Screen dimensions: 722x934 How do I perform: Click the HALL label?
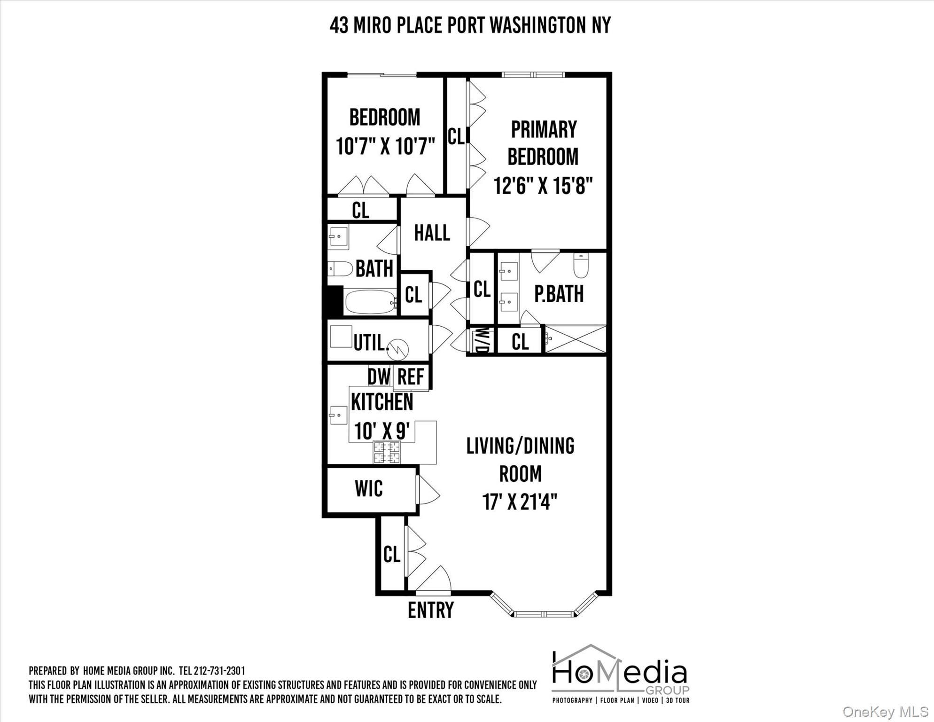tap(432, 233)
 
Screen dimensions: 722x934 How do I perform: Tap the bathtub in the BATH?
tap(371, 302)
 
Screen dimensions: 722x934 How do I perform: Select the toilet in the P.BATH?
tap(581, 266)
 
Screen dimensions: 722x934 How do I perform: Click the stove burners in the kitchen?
tap(387, 452)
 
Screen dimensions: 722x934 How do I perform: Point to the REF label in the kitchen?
tap(411, 377)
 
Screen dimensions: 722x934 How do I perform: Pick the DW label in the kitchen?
tap(379, 377)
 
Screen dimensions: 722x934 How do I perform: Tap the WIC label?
tap(369, 489)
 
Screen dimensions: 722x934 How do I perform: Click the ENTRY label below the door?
tap(431, 611)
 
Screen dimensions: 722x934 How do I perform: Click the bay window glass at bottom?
tap(544, 614)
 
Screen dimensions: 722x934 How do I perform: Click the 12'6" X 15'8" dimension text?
tap(543, 186)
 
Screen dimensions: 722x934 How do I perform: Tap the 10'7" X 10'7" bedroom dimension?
tap(385, 146)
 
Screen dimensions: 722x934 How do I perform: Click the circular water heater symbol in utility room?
tap(397, 349)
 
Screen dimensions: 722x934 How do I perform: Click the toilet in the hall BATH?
tap(340, 269)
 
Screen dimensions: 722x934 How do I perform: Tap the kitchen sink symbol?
tap(338, 415)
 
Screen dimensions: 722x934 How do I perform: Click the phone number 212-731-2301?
tap(219, 671)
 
